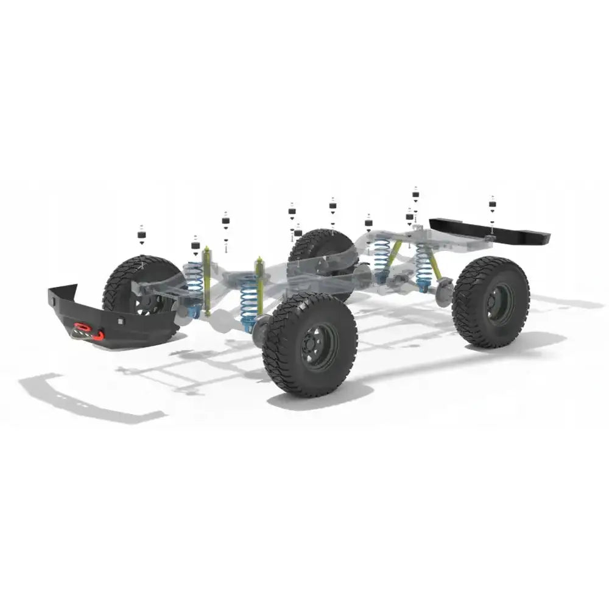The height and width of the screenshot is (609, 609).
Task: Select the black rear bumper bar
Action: [x=487, y=230]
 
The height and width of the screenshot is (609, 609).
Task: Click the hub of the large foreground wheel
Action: [x=319, y=346]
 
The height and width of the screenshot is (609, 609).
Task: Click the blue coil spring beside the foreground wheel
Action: [x=248, y=301]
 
